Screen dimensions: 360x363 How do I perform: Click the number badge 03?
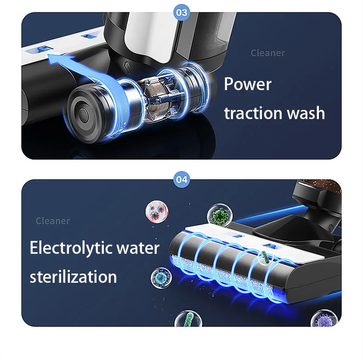[x=182, y=12]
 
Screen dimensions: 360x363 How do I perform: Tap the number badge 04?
[x=182, y=179]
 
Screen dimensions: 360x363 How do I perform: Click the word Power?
[x=248, y=85]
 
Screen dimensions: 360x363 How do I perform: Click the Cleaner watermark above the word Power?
[x=267, y=53]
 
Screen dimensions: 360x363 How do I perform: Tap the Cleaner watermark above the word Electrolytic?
[x=53, y=221]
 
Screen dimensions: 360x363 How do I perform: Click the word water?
[x=137, y=248]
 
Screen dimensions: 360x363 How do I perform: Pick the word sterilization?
[x=73, y=277]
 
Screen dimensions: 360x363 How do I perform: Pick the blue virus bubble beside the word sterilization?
[x=161, y=278]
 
